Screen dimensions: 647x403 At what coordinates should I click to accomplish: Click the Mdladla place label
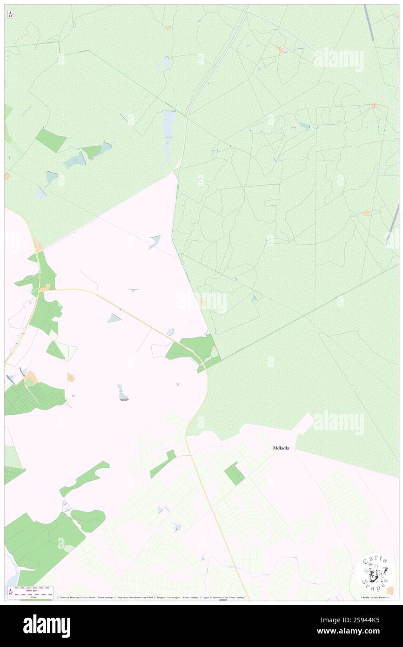(x=281, y=448)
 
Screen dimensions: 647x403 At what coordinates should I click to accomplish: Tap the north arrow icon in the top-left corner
(x=10, y=14)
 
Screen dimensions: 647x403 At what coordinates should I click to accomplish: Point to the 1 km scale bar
(x=31, y=593)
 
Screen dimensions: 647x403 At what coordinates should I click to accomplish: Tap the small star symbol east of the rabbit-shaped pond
(x=178, y=384)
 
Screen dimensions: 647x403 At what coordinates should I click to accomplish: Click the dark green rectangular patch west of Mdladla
(x=235, y=474)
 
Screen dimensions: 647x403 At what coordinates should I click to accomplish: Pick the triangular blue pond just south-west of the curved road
(x=114, y=318)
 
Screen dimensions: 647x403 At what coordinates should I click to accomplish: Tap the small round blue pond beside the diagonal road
(x=170, y=331)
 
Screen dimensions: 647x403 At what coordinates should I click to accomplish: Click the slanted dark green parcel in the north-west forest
(x=51, y=140)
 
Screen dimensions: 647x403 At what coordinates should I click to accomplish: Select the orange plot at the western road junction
(x=45, y=289)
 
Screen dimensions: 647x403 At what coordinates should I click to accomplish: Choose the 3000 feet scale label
(x=31, y=590)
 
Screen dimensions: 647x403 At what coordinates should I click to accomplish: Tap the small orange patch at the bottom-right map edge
(x=390, y=590)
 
